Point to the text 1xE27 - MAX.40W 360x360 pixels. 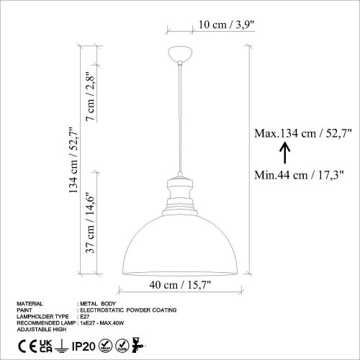[x=107, y=322]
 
